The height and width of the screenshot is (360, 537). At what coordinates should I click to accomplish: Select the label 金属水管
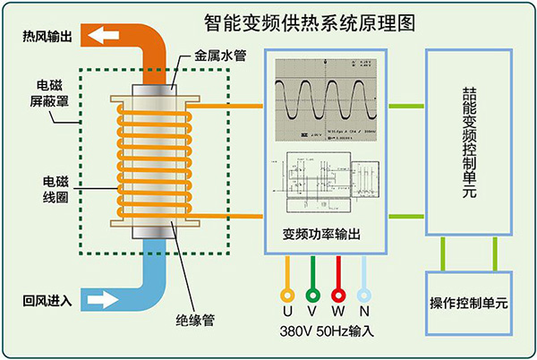point(220,56)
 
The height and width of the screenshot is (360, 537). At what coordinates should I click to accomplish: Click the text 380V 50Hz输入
point(325,330)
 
